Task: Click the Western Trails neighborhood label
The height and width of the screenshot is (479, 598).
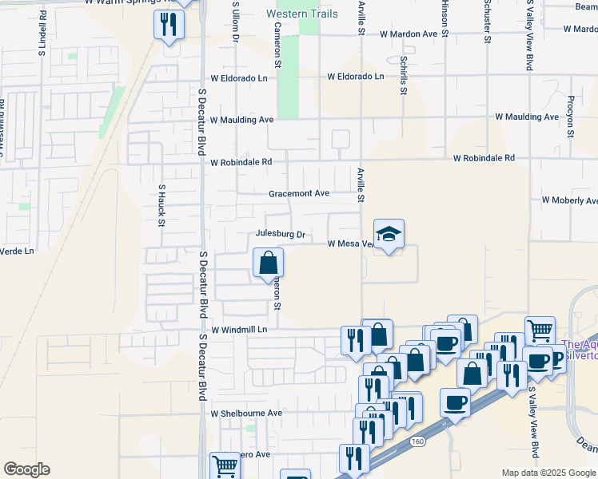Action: click(x=302, y=14)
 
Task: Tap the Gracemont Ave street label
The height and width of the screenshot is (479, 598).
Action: click(x=299, y=193)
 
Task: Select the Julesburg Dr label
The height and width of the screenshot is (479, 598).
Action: click(x=281, y=235)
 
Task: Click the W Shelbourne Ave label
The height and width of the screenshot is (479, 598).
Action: click(x=246, y=414)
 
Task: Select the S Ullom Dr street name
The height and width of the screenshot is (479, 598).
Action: click(x=236, y=19)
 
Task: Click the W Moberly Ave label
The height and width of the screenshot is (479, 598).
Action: click(x=569, y=200)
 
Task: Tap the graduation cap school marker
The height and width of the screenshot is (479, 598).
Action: click(x=389, y=234)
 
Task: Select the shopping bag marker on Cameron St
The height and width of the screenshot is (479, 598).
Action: click(x=269, y=262)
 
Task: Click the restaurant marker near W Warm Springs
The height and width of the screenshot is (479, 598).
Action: click(x=169, y=26)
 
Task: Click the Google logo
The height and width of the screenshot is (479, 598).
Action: click(x=26, y=469)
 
